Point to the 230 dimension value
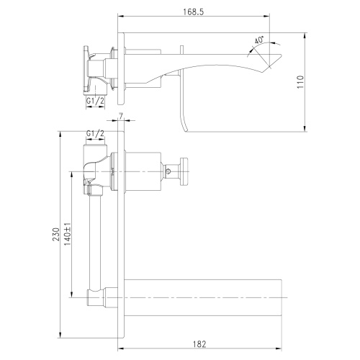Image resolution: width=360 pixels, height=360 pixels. coord(53,238)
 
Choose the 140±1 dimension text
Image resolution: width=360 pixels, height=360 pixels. coord(67,238)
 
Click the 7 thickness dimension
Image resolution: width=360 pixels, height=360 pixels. coord(123,118)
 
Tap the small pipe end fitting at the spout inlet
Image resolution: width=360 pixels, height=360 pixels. coord(94,294)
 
